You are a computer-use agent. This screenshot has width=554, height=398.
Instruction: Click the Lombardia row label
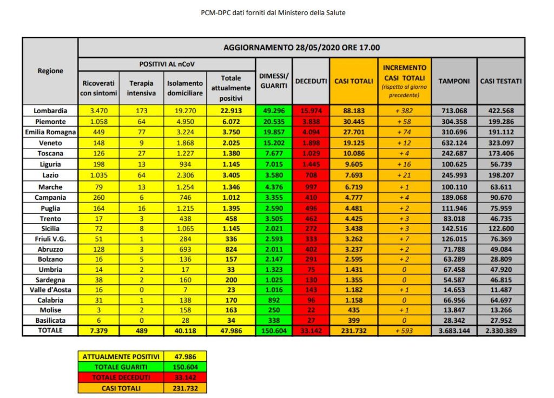[x=50, y=110]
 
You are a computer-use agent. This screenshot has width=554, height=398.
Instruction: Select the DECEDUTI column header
[x=311, y=81]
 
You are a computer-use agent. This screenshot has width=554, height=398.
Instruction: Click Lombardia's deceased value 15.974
[x=311, y=110]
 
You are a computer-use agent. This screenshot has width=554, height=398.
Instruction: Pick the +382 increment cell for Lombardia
[x=405, y=110]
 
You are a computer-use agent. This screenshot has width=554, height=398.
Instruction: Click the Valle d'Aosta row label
[x=50, y=290]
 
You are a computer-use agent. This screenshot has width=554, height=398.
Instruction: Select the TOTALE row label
[x=50, y=330]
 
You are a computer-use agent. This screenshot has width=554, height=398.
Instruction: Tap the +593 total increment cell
[x=405, y=330]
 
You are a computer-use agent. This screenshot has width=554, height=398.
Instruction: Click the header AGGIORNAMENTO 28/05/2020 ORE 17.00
[x=301, y=48]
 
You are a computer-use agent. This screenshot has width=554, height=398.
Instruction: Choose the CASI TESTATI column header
[x=500, y=81]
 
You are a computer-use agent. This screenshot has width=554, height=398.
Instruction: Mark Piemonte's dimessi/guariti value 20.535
[x=273, y=122]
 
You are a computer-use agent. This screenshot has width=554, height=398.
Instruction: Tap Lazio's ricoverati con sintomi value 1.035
[x=98, y=175]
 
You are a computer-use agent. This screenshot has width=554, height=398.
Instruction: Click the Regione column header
[x=50, y=71]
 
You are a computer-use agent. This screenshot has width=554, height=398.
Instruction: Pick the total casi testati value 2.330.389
[x=500, y=330]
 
